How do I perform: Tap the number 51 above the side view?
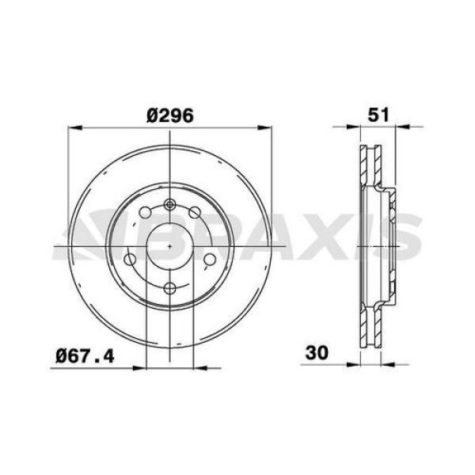(x=378, y=113)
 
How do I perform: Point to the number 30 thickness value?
(x=318, y=351)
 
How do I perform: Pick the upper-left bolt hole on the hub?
(x=145, y=212)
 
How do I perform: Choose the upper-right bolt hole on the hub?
(x=195, y=211)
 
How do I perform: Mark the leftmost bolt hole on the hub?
(x=132, y=260)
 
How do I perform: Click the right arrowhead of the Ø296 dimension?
(x=267, y=126)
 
